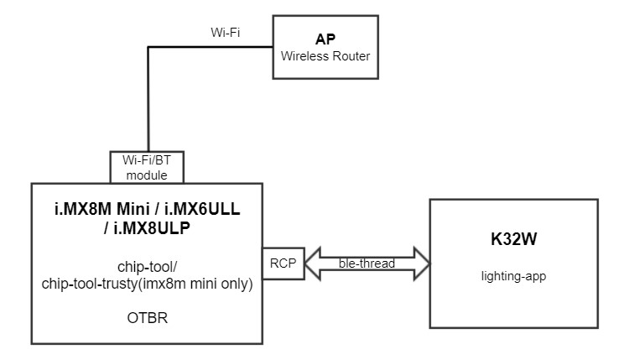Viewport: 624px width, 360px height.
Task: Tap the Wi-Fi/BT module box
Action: (145, 168)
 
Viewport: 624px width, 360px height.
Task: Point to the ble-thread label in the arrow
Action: (367, 263)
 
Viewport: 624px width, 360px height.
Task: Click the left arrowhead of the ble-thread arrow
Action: (309, 263)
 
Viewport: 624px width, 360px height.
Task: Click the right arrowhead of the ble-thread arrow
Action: (421, 263)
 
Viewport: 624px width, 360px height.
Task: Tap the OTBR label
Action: (148, 318)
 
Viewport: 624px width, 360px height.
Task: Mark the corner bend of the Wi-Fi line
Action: (148, 47)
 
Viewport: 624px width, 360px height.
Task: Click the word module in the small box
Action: (145, 175)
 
